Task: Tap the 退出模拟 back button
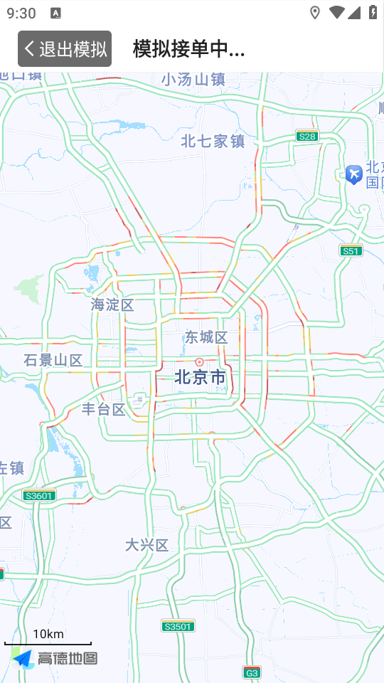(x=65, y=48)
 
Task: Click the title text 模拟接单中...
(x=188, y=48)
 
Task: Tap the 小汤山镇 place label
(x=193, y=79)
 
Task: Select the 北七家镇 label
(x=213, y=141)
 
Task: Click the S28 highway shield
(x=307, y=136)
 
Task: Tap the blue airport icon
(x=353, y=173)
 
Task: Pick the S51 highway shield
(x=351, y=250)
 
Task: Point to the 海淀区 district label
(x=112, y=305)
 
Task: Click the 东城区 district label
(x=206, y=337)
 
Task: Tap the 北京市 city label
(x=200, y=377)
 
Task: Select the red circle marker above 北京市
(x=199, y=361)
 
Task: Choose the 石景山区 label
(x=53, y=360)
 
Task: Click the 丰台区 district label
(x=104, y=409)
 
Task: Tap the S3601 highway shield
(x=39, y=495)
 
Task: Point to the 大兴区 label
(x=147, y=545)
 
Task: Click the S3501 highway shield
(x=178, y=626)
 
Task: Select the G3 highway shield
(x=252, y=672)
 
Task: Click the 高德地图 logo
(x=55, y=659)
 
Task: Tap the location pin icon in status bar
(x=315, y=12)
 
